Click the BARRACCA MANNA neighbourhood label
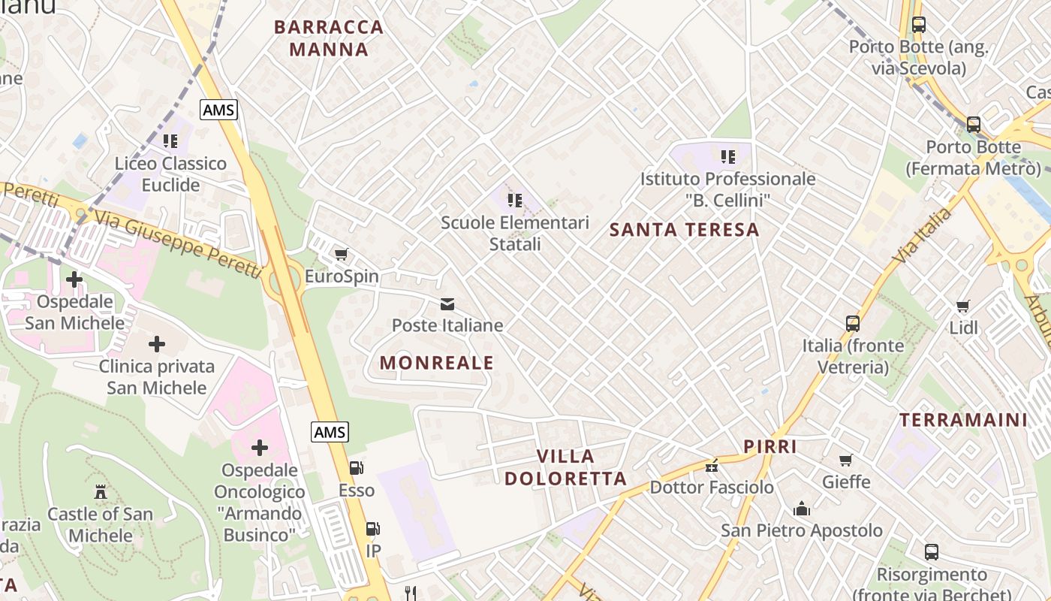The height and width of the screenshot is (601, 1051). tap(328, 38)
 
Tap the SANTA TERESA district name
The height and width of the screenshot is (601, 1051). tap(685, 230)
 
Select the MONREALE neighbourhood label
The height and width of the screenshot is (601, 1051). tap(437, 363)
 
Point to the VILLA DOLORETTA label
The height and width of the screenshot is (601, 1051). tap(565, 467)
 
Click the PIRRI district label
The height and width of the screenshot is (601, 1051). tap(769, 446)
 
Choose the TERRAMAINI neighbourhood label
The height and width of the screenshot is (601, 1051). tap(963, 420)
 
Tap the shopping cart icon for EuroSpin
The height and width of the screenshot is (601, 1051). tap(342, 255)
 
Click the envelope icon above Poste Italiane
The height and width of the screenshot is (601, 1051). tap(447, 304)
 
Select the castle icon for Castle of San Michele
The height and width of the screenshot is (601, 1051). tap(100, 492)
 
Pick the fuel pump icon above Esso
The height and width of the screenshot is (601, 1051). tap(357, 468)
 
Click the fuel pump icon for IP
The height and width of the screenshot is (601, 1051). tap(372, 529)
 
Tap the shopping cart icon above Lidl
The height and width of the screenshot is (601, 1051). tap(963, 306)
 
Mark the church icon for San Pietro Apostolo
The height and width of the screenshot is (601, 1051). tap(802, 509)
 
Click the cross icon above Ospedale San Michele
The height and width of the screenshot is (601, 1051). tap(74, 279)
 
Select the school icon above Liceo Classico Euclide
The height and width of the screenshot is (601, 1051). tap(170, 140)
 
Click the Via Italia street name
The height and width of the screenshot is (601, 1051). tap(922, 236)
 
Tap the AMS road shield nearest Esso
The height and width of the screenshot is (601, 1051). tap(330, 432)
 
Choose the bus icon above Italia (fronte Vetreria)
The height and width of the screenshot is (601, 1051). tap(853, 324)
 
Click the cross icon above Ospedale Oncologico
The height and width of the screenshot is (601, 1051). tap(260, 448)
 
